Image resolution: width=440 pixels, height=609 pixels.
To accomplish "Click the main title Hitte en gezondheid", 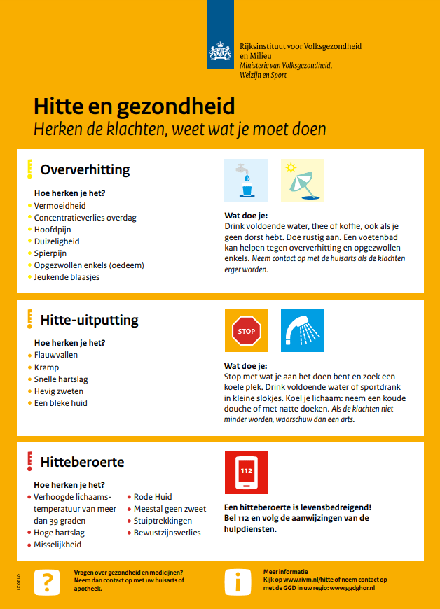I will [x=134, y=106].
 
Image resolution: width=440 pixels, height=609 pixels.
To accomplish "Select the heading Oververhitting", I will [x=85, y=169].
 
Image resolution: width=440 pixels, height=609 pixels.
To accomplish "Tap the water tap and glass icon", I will [x=245, y=181].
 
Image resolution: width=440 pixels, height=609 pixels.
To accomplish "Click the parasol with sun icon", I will [x=303, y=181].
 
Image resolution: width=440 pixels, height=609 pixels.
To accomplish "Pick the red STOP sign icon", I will [x=246, y=330].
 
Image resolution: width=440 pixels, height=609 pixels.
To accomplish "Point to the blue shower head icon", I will [x=303, y=330].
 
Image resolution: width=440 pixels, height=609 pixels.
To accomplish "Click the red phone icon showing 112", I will [x=246, y=472].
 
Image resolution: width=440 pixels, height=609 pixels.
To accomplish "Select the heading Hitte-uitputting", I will [x=90, y=320].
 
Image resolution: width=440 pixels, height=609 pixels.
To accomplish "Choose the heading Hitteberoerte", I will [x=83, y=462].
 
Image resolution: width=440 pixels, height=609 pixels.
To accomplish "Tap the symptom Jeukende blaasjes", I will [x=67, y=277].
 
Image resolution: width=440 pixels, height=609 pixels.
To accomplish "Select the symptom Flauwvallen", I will [x=56, y=356].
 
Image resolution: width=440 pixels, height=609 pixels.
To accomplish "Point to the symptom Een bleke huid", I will [x=61, y=403].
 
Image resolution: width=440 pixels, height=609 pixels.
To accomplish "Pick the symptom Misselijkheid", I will [x=57, y=545].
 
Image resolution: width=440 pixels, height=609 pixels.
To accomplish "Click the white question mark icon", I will [x=47, y=581].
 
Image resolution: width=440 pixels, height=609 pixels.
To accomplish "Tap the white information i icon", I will [x=239, y=581].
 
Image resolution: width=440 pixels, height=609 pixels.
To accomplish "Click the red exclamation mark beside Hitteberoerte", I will [x=29, y=461].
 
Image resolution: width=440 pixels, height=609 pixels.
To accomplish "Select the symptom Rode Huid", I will [x=153, y=497].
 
